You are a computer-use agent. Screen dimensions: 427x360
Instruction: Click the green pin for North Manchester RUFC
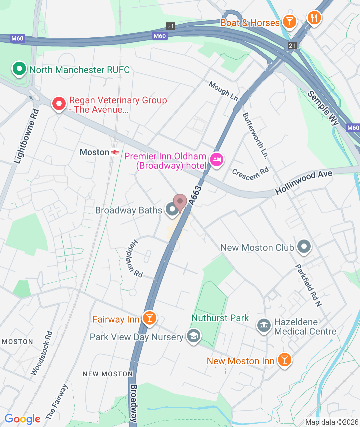pos(19,69)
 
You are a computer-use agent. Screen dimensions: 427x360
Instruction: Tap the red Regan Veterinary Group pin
pos(59,104)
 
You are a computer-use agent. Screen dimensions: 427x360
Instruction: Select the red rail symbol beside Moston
pos(115,152)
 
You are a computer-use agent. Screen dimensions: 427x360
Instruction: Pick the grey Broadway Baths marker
pos(172,209)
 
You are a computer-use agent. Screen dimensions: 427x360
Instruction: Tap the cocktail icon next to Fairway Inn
pos(150,318)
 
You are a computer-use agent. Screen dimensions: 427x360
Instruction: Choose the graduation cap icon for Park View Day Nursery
pos(193,336)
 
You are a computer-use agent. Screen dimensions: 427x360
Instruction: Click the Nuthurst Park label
pos(220,318)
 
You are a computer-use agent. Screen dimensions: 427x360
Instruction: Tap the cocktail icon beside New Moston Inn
pos(284,360)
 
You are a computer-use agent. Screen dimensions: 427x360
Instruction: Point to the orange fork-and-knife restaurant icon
pos(314,17)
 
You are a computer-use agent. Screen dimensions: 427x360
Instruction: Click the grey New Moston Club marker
pos(304,247)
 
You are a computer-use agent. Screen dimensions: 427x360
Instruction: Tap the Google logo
pos(23,419)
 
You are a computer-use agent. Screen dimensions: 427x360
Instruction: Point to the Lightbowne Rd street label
pos(27,136)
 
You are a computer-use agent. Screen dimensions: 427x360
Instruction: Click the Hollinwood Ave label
pos(304,182)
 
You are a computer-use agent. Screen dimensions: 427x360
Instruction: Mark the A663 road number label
pos(195,195)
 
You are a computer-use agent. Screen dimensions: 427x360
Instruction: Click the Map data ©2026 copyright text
pos(332,422)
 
